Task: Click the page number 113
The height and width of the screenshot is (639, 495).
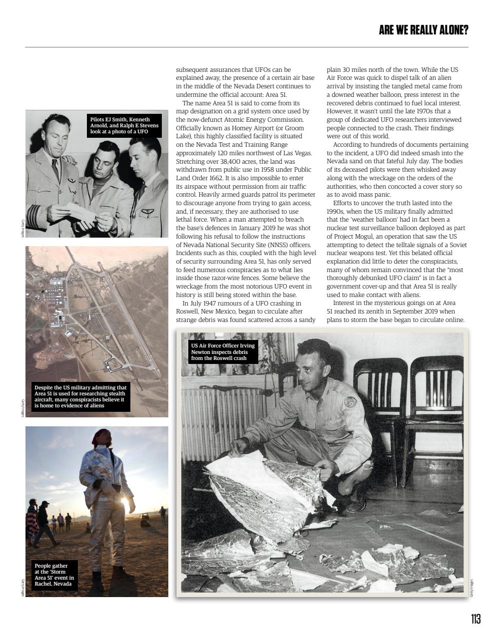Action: [x=476, y=619]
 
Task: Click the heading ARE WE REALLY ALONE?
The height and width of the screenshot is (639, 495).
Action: [x=424, y=30]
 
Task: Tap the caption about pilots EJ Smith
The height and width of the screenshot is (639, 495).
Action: [x=124, y=126]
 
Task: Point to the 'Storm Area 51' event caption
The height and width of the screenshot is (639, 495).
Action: [x=54, y=575]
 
